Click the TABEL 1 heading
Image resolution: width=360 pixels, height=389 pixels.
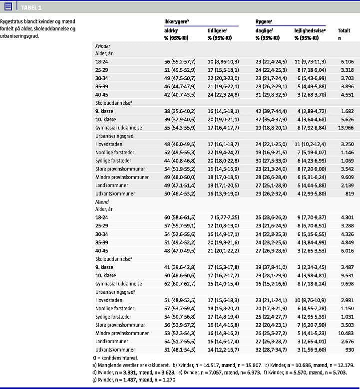[31, 7]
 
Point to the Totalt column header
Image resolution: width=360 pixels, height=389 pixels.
[344, 30]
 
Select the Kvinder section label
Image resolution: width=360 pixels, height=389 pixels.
[103, 45]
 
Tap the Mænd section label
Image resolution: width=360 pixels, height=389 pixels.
[102, 202]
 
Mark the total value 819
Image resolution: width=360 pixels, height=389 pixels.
[349, 193]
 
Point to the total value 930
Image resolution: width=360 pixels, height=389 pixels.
[349, 349]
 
